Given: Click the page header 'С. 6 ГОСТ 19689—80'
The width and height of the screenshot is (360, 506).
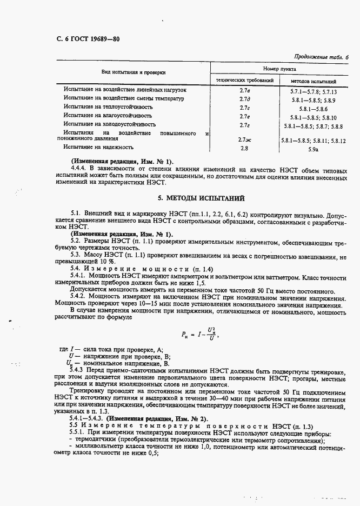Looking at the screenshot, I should point(88,39).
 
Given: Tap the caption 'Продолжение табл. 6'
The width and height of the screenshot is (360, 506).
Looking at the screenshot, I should point(322,57).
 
